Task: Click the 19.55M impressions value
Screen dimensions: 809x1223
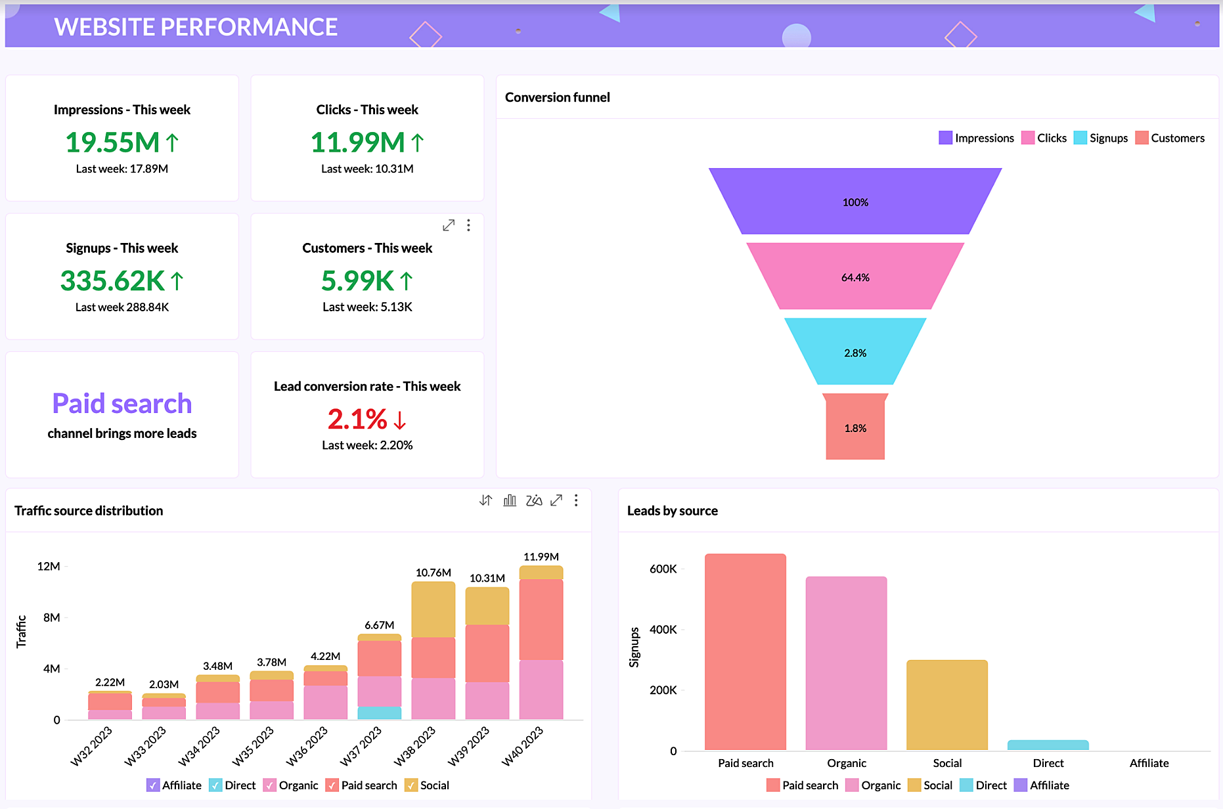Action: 113,142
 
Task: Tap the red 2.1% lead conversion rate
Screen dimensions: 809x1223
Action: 358,419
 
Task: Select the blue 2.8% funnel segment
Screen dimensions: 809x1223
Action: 855,352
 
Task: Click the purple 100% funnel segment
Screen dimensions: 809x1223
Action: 855,202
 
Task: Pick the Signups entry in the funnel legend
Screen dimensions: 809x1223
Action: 1101,138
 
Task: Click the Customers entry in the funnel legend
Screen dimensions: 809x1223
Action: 1170,138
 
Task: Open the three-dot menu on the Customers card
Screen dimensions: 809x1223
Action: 468,225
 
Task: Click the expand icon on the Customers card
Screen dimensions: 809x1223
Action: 449,225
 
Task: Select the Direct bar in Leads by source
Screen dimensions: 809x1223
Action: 1048,745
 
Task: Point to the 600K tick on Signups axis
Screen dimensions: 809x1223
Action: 663,569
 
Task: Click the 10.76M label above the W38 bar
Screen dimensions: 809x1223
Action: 434,573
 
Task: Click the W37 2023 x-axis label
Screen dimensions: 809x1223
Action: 361,746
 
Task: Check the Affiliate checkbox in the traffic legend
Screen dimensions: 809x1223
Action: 153,785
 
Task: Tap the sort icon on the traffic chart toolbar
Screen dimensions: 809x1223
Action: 485,500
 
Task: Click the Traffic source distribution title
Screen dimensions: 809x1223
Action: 89,511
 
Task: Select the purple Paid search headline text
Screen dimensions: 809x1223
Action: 122,403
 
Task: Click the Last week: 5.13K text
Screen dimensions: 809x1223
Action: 367,307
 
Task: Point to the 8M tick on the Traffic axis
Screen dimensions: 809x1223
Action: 51,617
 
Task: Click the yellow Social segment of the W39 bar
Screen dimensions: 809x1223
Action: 487,605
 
